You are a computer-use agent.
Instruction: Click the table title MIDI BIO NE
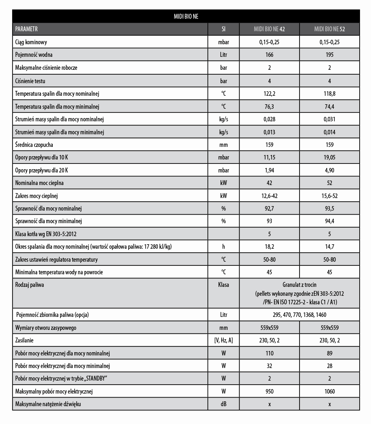pyautogui.click(x=186, y=17)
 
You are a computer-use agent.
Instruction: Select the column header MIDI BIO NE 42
pyautogui.click(x=269, y=29)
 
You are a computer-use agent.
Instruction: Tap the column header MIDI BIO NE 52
pyautogui.click(x=329, y=29)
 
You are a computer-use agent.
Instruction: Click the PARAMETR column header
pyautogui.click(x=26, y=29)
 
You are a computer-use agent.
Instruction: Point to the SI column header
pyautogui.click(x=223, y=29)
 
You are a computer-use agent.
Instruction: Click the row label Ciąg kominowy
pyautogui.click(x=31, y=42)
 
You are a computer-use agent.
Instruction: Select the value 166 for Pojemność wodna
pyautogui.click(x=269, y=55)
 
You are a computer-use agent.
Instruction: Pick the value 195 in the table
pyautogui.click(x=329, y=55)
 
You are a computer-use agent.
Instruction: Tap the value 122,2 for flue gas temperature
pyautogui.click(x=269, y=94)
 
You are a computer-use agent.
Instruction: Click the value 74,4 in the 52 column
pyautogui.click(x=329, y=107)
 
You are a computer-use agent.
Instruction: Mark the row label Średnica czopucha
pyautogui.click(x=34, y=145)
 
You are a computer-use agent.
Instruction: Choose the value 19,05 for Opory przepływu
pyautogui.click(x=329, y=157)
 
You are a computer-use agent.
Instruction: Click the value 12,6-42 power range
pyautogui.click(x=269, y=196)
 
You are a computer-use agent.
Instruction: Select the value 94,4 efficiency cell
pyautogui.click(x=329, y=222)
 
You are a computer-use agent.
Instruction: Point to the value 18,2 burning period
pyautogui.click(x=269, y=247)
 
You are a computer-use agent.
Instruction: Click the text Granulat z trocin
pyautogui.click(x=299, y=285)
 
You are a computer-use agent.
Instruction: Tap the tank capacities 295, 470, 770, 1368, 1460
pyautogui.click(x=299, y=315)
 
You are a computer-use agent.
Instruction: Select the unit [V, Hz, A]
pyautogui.click(x=223, y=340)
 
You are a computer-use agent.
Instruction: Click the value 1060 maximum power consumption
pyautogui.click(x=329, y=392)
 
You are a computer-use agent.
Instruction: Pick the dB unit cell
pyautogui.click(x=223, y=404)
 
